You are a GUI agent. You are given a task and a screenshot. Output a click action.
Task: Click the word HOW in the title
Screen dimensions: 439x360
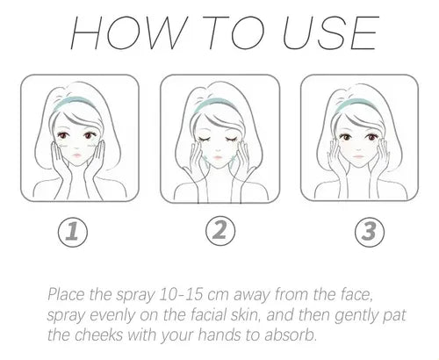(128, 32)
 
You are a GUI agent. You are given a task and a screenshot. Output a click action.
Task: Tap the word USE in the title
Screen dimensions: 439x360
(330, 32)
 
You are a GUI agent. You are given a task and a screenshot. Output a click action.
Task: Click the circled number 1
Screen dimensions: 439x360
(73, 232)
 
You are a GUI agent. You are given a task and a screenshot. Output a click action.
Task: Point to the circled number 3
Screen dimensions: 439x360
(370, 232)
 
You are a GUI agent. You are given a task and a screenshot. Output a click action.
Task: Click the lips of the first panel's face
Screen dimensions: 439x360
(76, 155)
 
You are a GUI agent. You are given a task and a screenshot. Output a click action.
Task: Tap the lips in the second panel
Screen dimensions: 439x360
(218, 157)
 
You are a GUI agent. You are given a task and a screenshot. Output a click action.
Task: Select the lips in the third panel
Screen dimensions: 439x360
(357, 156)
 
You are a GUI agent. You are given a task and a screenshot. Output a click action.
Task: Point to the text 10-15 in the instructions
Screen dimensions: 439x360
(181, 294)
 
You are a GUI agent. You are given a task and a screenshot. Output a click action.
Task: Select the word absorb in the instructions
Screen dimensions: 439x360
(291, 335)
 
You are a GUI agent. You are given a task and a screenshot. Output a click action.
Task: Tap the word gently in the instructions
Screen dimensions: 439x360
(356, 316)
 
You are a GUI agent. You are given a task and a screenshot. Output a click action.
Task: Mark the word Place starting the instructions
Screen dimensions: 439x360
(67, 294)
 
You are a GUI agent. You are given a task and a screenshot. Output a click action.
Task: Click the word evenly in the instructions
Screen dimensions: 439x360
(112, 316)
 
